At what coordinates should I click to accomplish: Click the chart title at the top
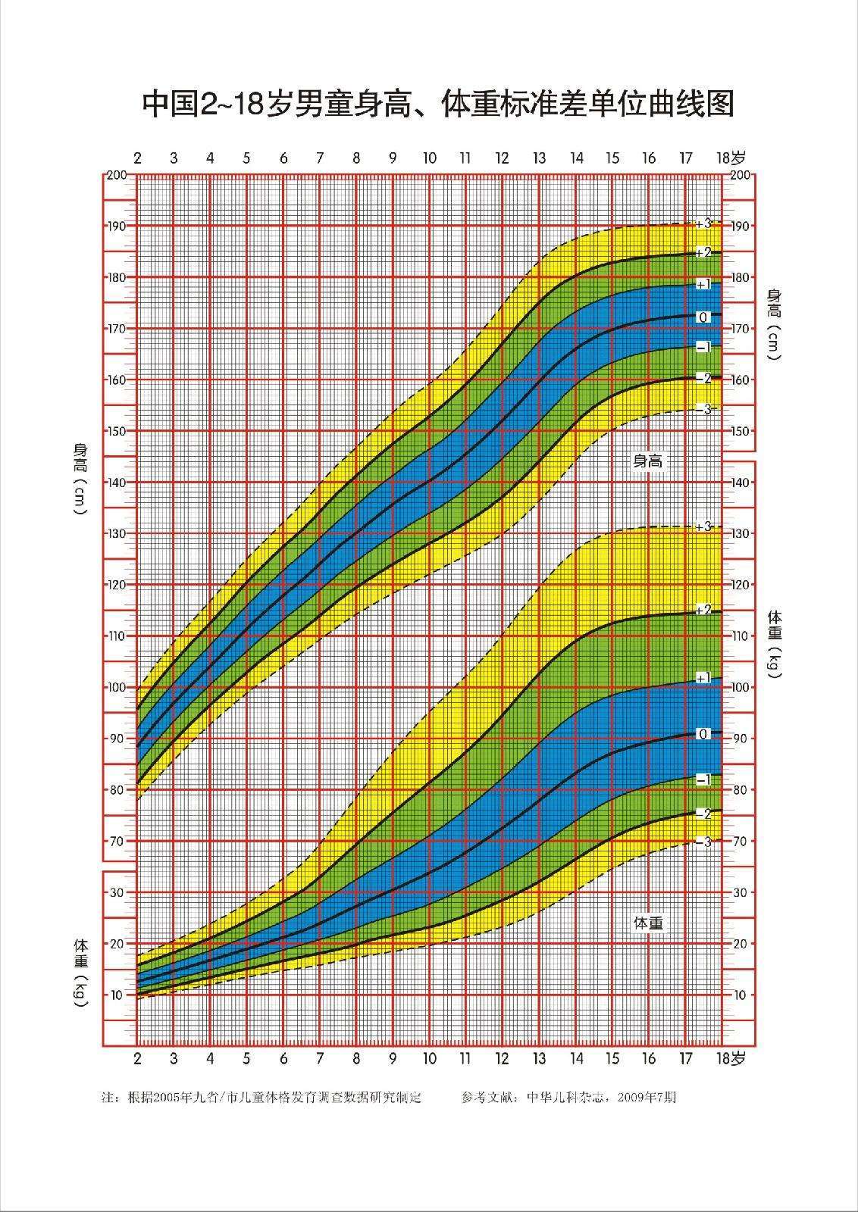tap(439, 105)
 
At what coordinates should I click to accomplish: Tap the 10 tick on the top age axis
tap(429, 158)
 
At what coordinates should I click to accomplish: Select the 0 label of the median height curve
tap(703, 317)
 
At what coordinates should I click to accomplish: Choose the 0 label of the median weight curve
tap(703, 734)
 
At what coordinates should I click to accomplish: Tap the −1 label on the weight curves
tap(703, 779)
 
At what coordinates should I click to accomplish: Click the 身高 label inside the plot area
tap(648, 461)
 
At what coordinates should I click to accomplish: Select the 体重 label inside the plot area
tap(648, 923)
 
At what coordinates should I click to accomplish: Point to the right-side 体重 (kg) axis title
tap(774, 643)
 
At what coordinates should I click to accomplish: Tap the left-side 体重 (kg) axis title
tap(80, 973)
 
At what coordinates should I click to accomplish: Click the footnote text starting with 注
tap(261, 1097)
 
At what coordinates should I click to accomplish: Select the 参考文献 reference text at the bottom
tap(568, 1097)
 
